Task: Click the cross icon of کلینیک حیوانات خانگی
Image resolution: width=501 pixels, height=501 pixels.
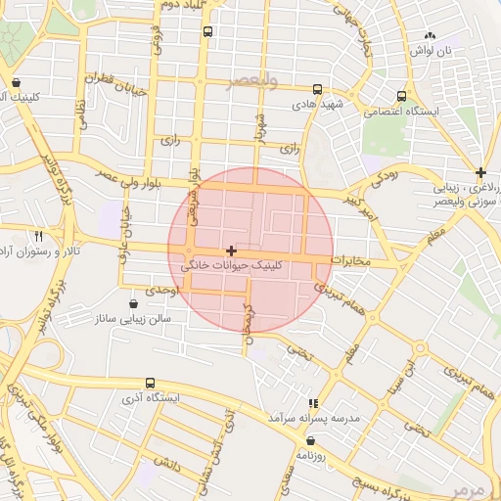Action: click(231, 251)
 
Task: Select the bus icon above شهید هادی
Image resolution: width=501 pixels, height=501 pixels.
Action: click(316, 89)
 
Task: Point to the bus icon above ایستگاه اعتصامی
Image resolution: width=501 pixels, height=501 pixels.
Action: click(402, 96)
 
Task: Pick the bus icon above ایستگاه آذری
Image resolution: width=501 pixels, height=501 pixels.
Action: click(149, 383)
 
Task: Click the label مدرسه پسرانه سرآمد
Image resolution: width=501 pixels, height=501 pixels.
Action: click(314, 417)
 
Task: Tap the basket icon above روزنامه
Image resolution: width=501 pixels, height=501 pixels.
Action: click(311, 440)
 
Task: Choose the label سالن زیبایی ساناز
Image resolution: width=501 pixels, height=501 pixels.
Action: click(133, 319)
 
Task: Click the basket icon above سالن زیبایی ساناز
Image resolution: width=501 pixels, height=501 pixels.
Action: click(133, 303)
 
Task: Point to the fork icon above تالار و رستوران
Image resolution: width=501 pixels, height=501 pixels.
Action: click(39, 237)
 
